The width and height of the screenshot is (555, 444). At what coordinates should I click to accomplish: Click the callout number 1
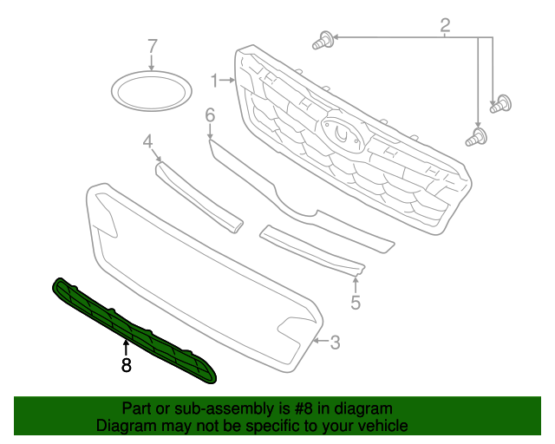click(213, 81)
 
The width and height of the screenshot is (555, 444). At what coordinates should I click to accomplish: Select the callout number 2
click(445, 26)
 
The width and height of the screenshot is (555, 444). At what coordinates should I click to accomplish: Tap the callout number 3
click(335, 343)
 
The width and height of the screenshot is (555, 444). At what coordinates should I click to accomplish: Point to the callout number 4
click(147, 141)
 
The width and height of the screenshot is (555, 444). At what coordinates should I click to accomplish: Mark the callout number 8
click(127, 366)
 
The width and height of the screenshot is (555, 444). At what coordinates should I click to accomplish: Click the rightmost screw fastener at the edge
click(499, 105)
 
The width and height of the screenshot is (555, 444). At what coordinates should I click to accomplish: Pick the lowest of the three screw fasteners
click(476, 136)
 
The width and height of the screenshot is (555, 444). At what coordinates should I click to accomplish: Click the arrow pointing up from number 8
click(127, 349)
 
